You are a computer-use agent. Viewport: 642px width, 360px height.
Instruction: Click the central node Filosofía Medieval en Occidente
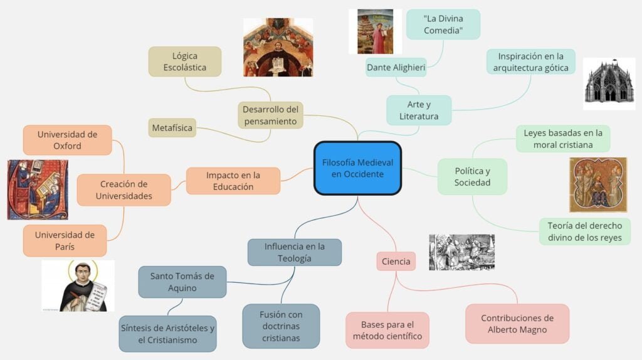point(357,168)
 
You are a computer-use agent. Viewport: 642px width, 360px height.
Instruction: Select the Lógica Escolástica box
point(185,61)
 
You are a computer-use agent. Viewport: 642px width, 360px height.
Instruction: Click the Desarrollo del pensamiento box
point(271,115)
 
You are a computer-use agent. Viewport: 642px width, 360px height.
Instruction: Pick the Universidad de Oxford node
point(67,140)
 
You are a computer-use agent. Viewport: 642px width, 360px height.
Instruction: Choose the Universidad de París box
point(65,241)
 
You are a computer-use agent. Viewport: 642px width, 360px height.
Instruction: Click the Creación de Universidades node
point(124,190)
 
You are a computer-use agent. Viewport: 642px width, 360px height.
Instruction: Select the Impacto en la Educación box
point(233,181)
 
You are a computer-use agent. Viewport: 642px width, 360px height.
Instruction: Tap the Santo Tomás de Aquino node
point(182,282)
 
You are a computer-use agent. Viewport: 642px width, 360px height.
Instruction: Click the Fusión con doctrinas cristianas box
point(281,326)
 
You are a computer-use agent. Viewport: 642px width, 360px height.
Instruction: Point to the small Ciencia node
point(396,262)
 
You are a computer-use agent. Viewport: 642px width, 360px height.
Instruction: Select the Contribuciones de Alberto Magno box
point(517,324)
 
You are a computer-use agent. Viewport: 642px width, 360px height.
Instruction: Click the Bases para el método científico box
point(387,331)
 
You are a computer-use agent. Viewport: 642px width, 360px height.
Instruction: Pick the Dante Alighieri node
point(396,67)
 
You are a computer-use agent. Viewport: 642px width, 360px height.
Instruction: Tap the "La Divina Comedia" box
point(443,24)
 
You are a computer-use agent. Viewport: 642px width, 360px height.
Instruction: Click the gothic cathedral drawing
point(609,80)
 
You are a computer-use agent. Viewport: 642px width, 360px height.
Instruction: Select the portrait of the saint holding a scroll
point(78,287)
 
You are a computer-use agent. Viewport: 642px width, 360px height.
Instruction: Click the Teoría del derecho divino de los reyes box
point(584,231)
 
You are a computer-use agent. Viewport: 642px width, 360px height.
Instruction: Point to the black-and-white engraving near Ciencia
point(461,252)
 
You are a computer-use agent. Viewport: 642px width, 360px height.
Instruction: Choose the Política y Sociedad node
point(472,176)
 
